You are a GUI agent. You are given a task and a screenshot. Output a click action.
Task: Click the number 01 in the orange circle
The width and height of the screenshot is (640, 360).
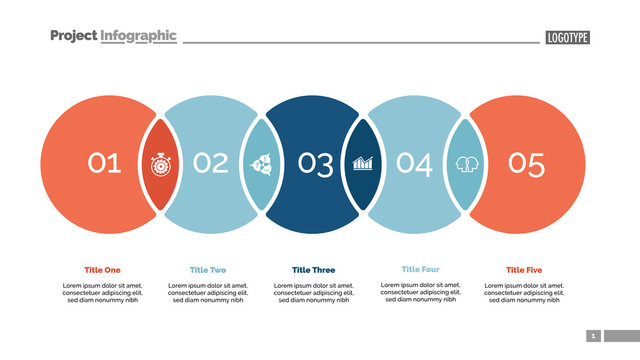[103, 162]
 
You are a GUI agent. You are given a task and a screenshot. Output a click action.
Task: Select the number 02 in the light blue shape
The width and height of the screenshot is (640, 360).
[210, 162]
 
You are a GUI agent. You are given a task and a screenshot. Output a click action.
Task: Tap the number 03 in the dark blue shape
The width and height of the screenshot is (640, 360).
[315, 163]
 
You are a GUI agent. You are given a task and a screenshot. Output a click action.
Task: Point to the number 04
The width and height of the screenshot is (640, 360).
[414, 162]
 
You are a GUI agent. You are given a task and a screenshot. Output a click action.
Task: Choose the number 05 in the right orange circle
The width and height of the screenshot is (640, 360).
[526, 162]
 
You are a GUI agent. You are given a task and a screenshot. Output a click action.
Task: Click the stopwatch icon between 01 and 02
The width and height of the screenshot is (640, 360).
[159, 163]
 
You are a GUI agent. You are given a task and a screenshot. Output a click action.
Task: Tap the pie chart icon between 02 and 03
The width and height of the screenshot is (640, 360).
[260, 163]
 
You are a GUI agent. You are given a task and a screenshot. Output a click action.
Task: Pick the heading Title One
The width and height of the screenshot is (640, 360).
[103, 270]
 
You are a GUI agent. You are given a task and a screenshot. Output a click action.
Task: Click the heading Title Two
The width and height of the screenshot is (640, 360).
[208, 270]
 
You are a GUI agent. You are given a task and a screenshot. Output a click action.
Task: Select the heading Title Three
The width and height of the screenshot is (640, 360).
[314, 270]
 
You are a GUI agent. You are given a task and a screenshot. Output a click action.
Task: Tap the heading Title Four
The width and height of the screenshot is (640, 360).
[420, 269]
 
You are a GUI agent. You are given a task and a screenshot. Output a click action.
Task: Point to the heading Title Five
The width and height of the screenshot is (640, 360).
[523, 270]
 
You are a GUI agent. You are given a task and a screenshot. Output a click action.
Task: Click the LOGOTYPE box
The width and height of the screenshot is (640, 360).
[568, 38]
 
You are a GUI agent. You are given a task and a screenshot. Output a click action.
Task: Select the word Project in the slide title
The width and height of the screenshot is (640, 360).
[74, 36]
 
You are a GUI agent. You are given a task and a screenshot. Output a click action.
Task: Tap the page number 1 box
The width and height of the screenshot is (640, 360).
[593, 336]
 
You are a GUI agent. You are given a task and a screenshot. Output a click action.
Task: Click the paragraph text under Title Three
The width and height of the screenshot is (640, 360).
[314, 292]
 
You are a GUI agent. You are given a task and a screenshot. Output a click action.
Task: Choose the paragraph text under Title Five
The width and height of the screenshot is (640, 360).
[523, 292]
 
